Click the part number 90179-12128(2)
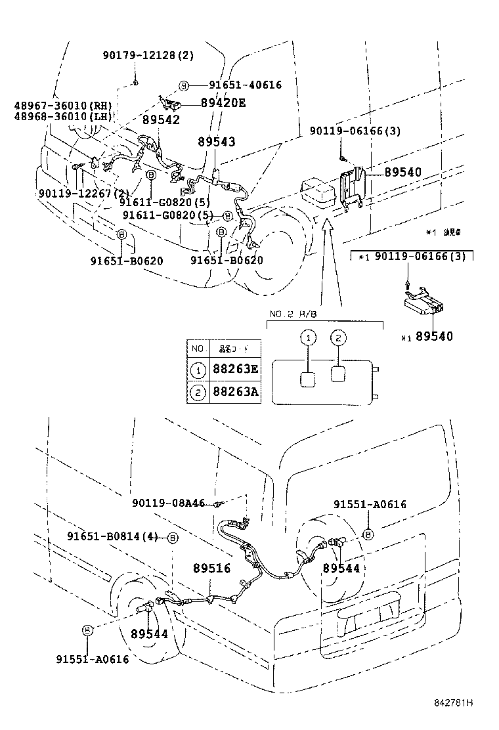coord(148,56)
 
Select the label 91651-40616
coord(245,85)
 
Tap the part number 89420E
coord(214,102)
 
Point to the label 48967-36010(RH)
coord(62,106)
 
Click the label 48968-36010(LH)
coord(62,117)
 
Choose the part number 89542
coord(161,121)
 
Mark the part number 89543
coord(217,142)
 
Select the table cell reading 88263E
coord(235,370)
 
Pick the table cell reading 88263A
coord(235,393)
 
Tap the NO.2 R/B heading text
coord(293,315)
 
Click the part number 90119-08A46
coord(168,504)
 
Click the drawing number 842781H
coord(453,702)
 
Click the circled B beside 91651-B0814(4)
coord(173,538)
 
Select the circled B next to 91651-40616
coord(184,85)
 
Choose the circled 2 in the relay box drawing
coord(337,338)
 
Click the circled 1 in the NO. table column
coord(197,370)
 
